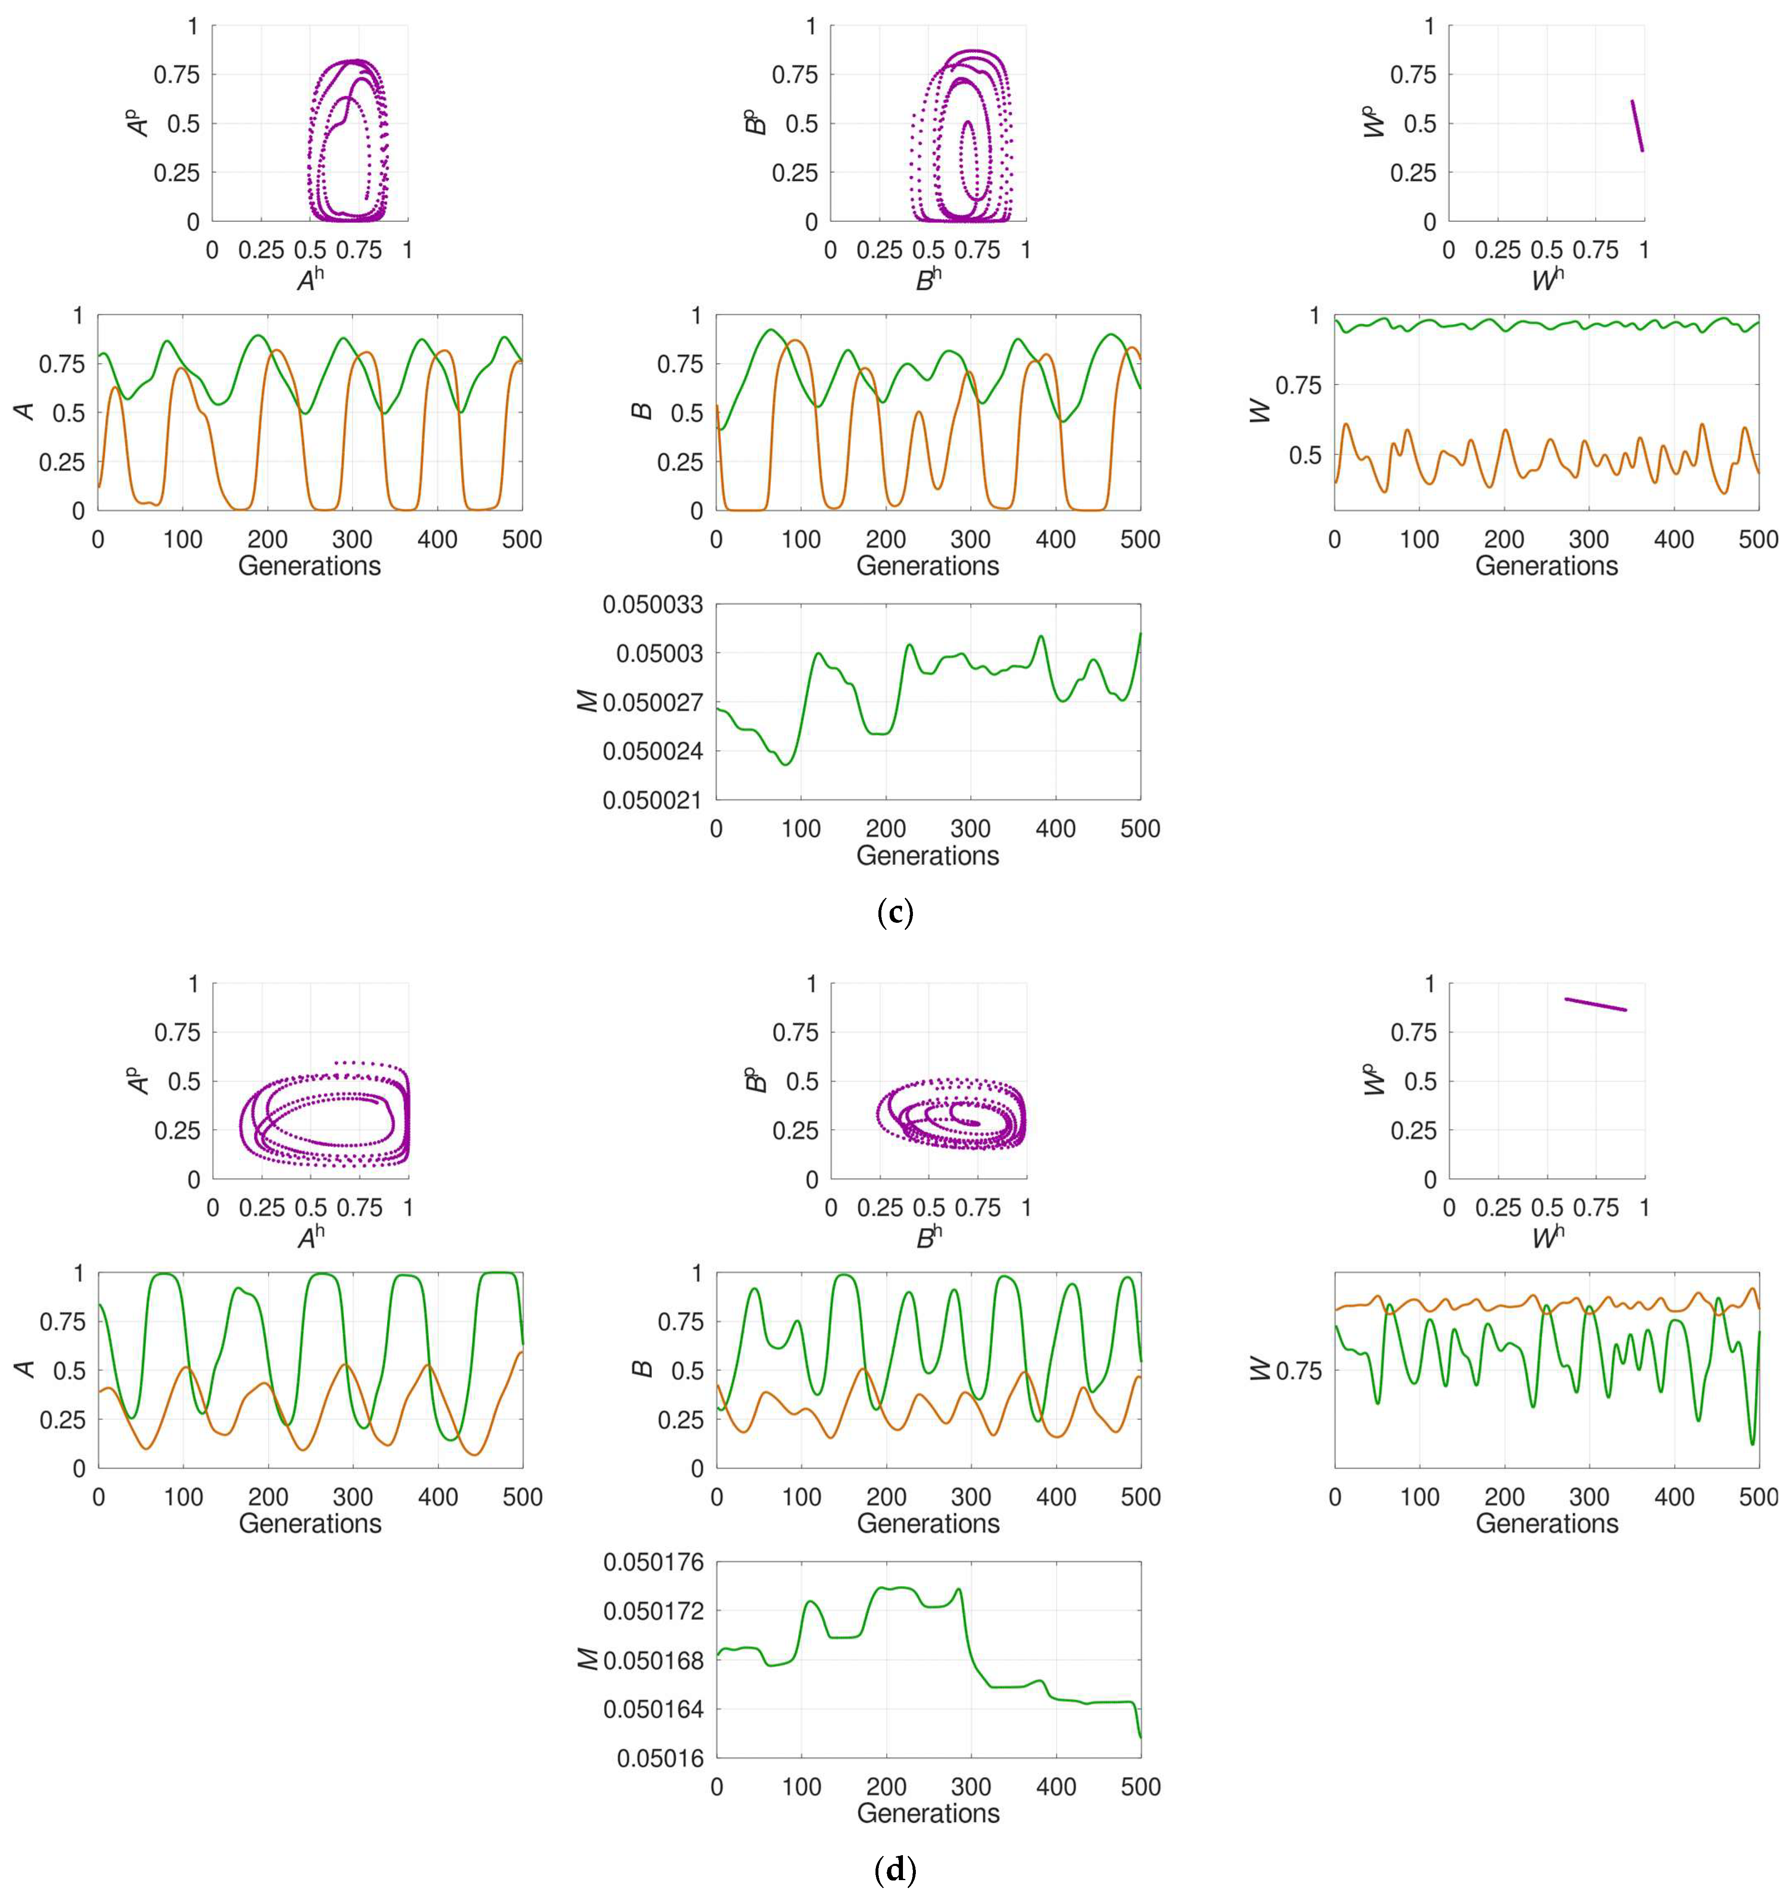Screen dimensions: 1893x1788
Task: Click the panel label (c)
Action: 894,913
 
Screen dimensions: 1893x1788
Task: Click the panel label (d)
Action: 894,1870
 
